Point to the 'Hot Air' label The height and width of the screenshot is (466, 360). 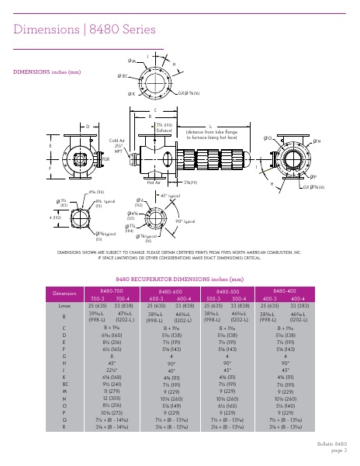point(164,183)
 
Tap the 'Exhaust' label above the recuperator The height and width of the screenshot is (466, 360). point(163,130)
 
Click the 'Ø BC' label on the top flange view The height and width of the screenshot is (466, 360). point(123,76)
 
